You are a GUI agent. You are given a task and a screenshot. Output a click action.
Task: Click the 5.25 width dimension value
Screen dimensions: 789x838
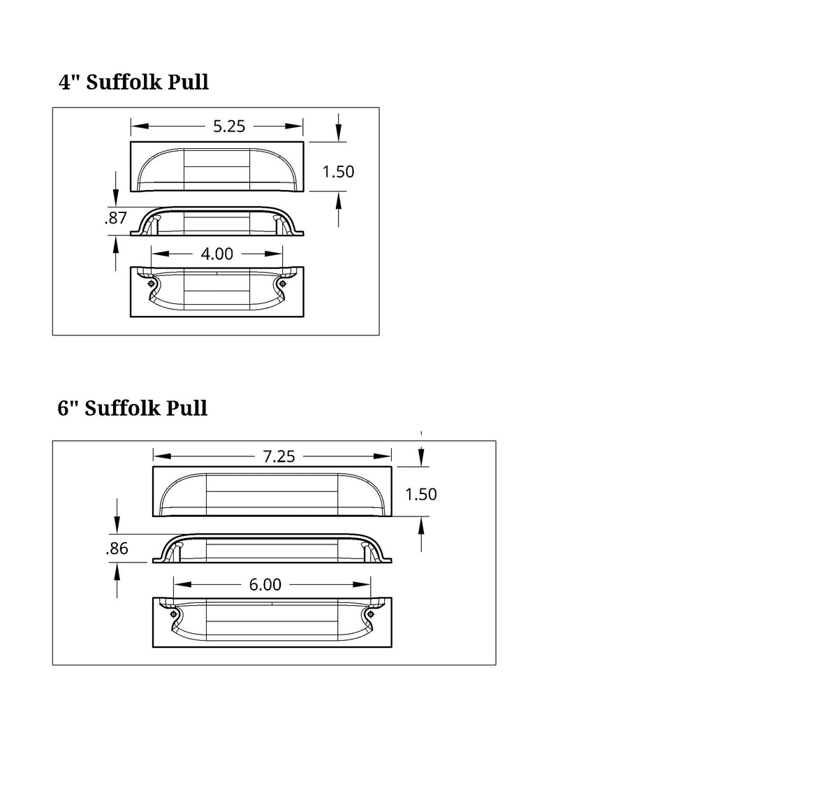pos(229,126)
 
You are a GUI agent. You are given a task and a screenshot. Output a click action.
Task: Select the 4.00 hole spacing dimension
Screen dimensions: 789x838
pos(216,254)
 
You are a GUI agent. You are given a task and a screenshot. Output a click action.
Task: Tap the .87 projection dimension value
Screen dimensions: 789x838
pos(115,218)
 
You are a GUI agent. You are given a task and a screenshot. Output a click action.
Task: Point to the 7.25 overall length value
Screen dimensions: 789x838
pos(279,456)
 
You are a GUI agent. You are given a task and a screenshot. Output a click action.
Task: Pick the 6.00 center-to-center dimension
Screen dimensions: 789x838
pos(265,584)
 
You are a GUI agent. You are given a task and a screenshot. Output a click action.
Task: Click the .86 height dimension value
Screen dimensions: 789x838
pos(117,549)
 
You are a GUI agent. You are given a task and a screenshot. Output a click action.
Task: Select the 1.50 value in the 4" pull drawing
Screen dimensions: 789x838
pos(338,172)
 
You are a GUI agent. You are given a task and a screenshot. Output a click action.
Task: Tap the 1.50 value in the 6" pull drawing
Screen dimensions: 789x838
pos(421,494)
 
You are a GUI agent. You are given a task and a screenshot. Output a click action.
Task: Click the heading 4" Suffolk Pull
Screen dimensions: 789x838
pos(133,82)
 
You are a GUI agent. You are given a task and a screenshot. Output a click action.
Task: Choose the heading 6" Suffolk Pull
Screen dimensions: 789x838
pos(132,408)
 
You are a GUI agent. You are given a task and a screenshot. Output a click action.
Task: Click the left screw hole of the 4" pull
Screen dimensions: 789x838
pos(152,284)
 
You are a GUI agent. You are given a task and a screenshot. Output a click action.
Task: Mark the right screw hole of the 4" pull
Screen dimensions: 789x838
pos(282,284)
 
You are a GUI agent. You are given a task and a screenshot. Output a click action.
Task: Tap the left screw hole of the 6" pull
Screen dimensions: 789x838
pos(173,614)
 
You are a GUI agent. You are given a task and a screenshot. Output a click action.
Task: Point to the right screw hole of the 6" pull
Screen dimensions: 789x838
pos(371,614)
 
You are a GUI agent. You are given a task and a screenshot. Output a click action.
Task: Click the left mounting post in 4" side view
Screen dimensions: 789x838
pos(157,225)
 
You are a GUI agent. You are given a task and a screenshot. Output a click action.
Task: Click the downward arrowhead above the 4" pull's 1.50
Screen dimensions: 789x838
pos(339,133)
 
